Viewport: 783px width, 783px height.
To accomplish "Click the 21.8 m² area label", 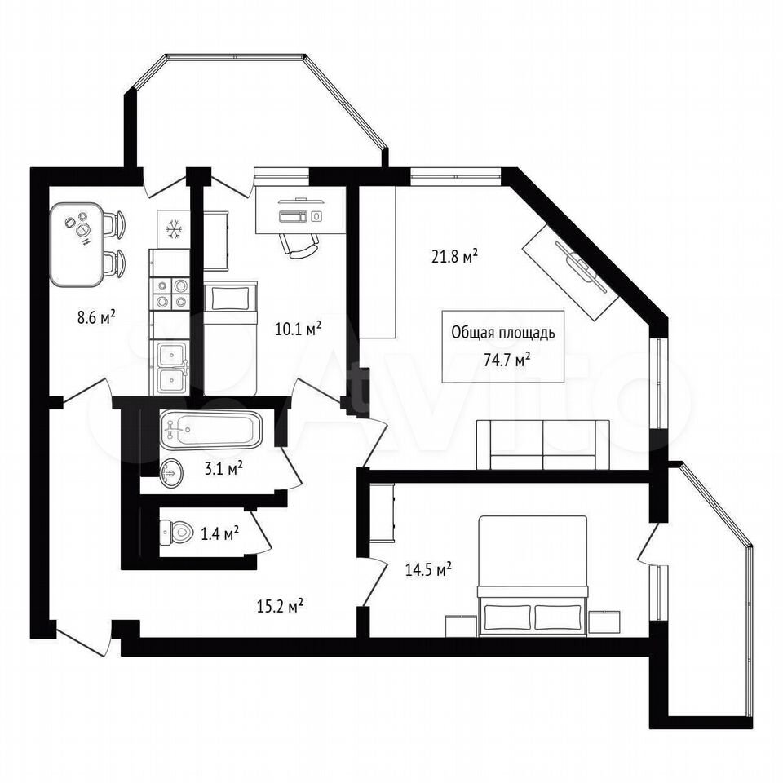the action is pyautogui.click(x=454, y=257).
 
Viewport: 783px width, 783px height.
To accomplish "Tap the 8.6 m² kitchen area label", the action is pyautogui.click(x=96, y=317).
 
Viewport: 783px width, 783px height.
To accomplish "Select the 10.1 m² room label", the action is pyautogui.click(x=299, y=329).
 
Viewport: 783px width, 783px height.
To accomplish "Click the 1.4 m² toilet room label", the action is pyautogui.click(x=219, y=533).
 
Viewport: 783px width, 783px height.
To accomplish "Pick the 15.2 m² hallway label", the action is pyautogui.click(x=280, y=606).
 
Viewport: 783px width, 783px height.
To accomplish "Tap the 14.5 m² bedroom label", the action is pyautogui.click(x=428, y=569).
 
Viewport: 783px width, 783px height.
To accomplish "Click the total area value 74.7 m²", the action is pyautogui.click(x=507, y=359).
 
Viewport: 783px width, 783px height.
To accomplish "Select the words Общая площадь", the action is pyautogui.click(x=503, y=333).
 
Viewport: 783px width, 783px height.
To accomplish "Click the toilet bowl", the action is pyautogui.click(x=177, y=533).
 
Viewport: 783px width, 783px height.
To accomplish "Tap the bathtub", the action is pyautogui.click(x=210, y=430).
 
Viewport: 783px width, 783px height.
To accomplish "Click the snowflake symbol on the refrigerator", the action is pyautogui.click(x=174, y=229).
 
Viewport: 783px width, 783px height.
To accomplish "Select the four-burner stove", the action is pyautogui.click(x=170, y=294).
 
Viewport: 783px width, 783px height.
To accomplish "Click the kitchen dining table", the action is pyautogui.click(x=77, y=244).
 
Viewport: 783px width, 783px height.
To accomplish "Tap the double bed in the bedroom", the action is pyautogui.click(x=533, y=576).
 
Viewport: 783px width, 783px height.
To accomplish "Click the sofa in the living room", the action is pyautogui.click(x=543, y=445).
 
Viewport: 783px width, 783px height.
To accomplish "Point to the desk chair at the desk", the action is pyautogui.click(x=299, y=245).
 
